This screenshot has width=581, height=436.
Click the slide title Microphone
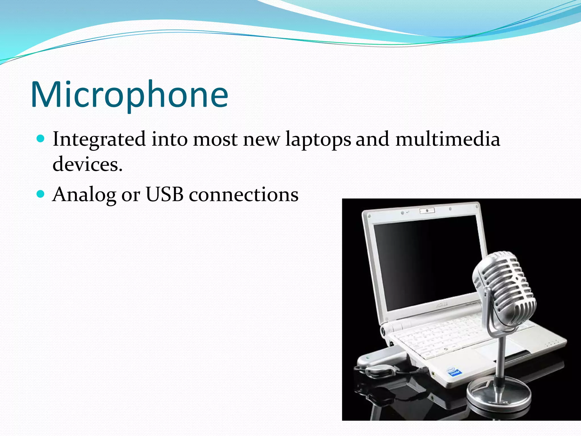[x=129, y=95]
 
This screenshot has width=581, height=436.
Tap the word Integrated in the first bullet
[x=99, y=139]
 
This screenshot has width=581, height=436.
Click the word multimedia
[x=448, y=139]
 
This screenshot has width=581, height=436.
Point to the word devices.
[x=87, y=164]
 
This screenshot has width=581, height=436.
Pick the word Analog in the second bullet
[x=84, y=195]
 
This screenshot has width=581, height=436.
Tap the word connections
[x=243, y=195]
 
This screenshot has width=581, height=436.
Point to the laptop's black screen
[x=426, y=261]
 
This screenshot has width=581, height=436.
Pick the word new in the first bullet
[x=261, y=139]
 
